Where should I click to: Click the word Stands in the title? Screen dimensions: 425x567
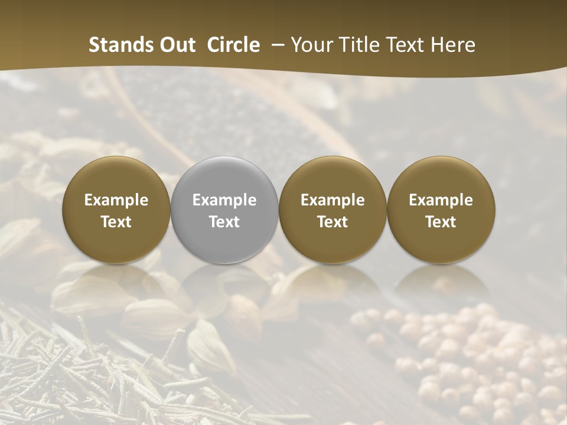tap(120, 45)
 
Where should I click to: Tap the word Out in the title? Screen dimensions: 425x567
tap(176, 45)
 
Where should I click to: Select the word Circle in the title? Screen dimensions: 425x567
tap(233, 45)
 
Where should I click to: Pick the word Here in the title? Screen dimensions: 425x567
tap(452, 45)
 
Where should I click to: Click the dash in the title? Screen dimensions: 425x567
tap(275, 45)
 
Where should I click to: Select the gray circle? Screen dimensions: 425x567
tap(224, 210)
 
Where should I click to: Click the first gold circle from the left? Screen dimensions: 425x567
tap(116, 210)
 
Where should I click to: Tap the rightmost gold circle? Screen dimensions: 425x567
tap(441, 210)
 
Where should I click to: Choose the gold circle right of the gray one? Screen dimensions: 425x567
tap(333, 210)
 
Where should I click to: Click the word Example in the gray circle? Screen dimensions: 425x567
tap(224, 200)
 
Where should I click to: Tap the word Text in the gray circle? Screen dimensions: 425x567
tap(224, 222)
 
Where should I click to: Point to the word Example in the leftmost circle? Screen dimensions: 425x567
tap(116, 200)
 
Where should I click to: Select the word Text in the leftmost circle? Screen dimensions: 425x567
tap(116, 222)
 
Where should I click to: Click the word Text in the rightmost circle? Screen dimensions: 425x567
tap(441, 222)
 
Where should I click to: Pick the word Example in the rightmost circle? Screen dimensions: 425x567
tap(441, 200)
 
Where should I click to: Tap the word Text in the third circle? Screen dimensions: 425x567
tap(333, 222)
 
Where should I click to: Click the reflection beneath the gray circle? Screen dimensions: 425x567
tap(224, 283)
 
